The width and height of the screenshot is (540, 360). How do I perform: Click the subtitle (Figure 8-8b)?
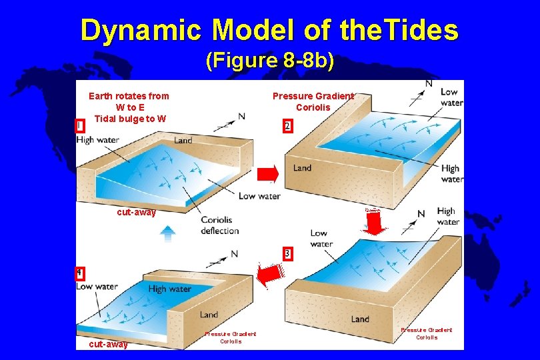pyautogui.click(x=270, y=61)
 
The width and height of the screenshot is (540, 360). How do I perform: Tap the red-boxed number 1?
pyautogui.click(x=80, y=125)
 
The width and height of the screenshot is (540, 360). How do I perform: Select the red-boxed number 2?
pyautogui.click(x=287, y=126)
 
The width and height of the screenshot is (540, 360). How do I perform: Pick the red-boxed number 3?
pyautogui.click(x=287, y=253)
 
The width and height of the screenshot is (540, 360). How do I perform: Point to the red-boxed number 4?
pyautogui.click(x=79, y=273)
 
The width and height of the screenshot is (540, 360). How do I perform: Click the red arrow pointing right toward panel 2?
pyautogui.click(x=267, y=175)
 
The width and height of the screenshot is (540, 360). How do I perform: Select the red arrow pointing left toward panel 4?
pyautogui.click(x=270, y=273)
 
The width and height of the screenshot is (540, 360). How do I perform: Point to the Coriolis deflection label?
pyautogui.click(x=220, y=225)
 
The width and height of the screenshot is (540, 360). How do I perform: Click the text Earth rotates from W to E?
pyautogui.click(x=129, y=101)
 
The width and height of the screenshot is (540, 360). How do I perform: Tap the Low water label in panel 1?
pyautogui.click(x=259, y=196)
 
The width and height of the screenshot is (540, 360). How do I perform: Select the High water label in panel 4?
pyautogui.click(x=169, y=289)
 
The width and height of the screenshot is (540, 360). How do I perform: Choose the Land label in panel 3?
pyautogui.click(x=360, y=319)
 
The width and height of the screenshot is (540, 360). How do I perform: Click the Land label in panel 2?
pyautogui.click(x=302, y=168)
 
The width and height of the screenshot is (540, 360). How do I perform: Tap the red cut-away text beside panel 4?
pyautogui.click(x=108, y=344)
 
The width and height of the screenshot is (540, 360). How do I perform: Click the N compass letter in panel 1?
pyautogui.click(x=241, y=116)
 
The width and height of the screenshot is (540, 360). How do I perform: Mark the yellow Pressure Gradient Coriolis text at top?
pyautogui.click(x=313, y=101)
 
